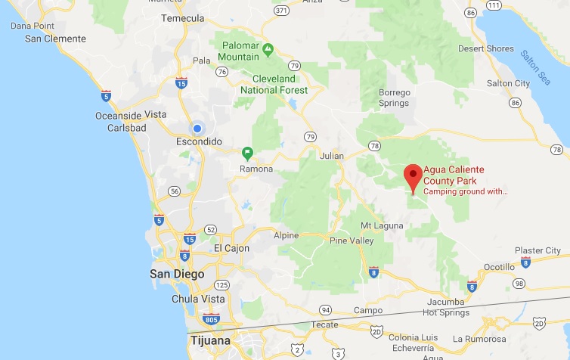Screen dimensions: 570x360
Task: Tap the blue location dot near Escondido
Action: point(197,129)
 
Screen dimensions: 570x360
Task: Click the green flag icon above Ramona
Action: point(246,153)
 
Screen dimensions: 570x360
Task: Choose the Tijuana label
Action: point(209,340)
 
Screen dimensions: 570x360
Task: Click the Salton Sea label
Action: point(535,66)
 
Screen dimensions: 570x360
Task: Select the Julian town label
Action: point(330,156)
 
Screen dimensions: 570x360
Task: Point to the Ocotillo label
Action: point(499,267)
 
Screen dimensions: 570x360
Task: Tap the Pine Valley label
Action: point(352,241)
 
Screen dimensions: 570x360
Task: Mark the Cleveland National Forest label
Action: point(274,84)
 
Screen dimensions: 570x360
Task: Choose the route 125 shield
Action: point(221,285)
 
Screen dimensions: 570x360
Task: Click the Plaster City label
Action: point(537,250)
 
